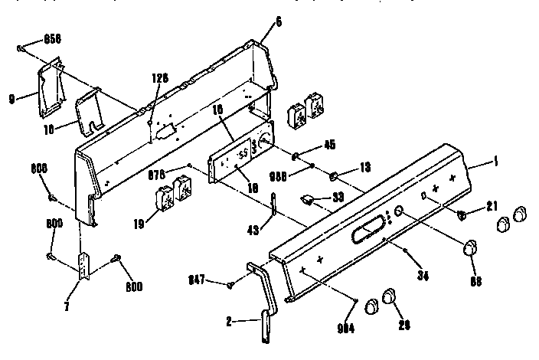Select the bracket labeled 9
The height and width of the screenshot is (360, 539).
[x=48, y=87]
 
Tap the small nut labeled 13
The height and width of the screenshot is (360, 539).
[x=335, y=178]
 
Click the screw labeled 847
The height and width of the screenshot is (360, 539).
[x=230, y=285]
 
